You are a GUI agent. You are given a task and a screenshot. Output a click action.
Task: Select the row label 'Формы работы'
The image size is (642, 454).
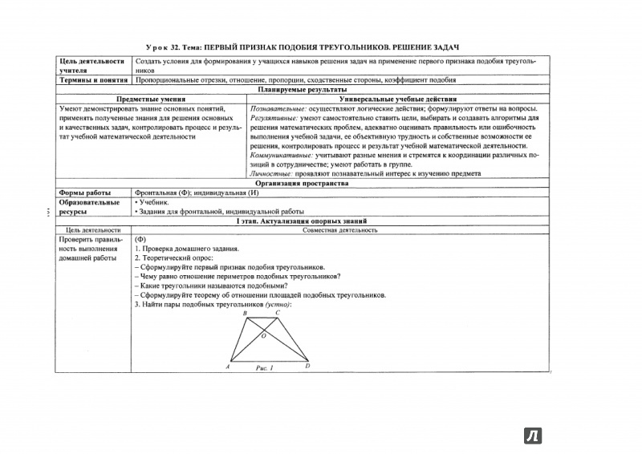pyautogui.click(x=83, y=193)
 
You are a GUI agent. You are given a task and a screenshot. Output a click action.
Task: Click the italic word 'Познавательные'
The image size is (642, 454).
pyautogui.click(x=277, y=109)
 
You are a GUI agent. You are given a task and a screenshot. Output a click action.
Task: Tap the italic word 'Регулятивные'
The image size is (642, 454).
pyautogui.click(x=274, y=119)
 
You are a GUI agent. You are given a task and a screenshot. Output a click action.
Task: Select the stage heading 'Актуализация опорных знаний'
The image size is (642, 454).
pyautogui.click(x=319, y=221)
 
